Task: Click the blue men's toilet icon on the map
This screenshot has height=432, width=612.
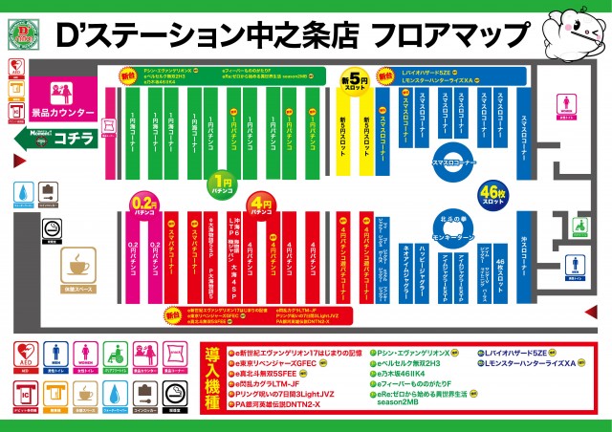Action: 574,265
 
